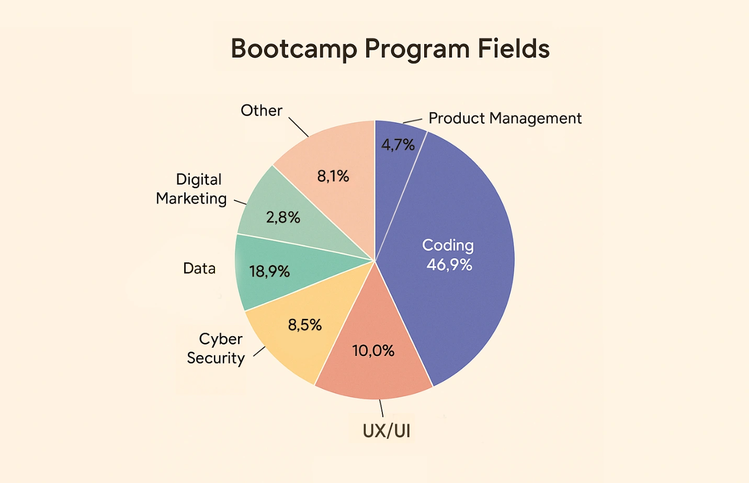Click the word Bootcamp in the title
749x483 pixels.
click(x=294, y=49)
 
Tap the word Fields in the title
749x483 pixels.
click(x=514, y=49)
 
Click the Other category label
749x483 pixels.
click(x=261, y=111)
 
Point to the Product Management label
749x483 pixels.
click(x=505, y=119)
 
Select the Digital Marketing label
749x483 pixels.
click(x=192, y=189)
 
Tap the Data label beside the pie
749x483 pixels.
click(x=199, y=269)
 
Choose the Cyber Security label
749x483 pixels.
click(x=216, y=349)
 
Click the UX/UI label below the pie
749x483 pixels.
click(x=386, y=431)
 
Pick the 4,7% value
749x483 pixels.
click(x=398, y=145)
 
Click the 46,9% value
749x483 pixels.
click(x=449, y=265)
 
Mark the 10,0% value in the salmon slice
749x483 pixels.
click(x=373, y=351)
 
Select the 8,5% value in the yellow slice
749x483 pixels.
click(x=304, y=325)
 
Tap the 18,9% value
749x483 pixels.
click(x=269, y=272)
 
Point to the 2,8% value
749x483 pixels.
click(x=283, y=217)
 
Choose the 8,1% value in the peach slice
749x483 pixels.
click(x=333, y=177)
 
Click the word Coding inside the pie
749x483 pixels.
click(x=448, y=245)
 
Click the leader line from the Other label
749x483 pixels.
click(x=298, y=127)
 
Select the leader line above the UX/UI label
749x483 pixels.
click(x=381, y=408)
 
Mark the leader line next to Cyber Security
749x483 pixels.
click(x=259, y=351)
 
